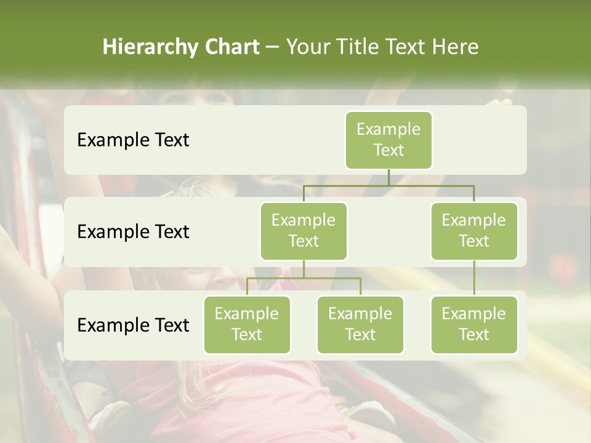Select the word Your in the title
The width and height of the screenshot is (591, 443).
pyautogui.click(x=308, y=47)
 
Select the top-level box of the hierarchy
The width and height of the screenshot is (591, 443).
pyautogui.click(x=388, y=140)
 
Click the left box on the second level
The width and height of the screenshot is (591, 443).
pyautogui.click(x=304, y=231)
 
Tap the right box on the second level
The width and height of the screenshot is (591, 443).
pyautogui.click(x=474, y=231)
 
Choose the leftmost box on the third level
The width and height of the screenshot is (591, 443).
pyautogui.click(x=247, y=324)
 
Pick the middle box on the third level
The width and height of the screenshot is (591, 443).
pyautogui.click(x=360, y=324)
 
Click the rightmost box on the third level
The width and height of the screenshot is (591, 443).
pyautogui.click(x=474, y=324)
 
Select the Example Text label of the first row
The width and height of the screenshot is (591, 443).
pyautogui.click(x=133, y=140)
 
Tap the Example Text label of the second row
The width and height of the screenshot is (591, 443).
pyautogui.click(x=133, y=232)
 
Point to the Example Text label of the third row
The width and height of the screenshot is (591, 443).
pyautogui.click(x=133, y=325)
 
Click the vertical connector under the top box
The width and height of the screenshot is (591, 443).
pyautogui.click(x=388, y=177)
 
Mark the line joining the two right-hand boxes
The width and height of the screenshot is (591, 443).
pyautogui.click(x=474, y=278)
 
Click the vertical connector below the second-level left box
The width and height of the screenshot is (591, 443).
pyautogui.click(x=304, y=269)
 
